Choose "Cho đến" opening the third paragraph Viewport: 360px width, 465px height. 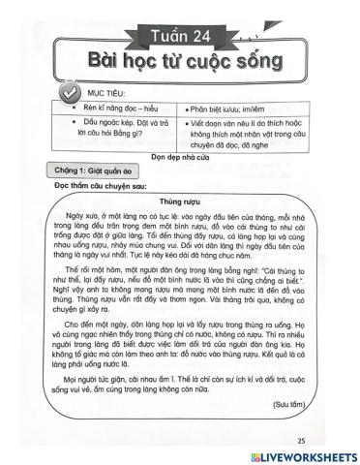[x=96, y=323]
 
